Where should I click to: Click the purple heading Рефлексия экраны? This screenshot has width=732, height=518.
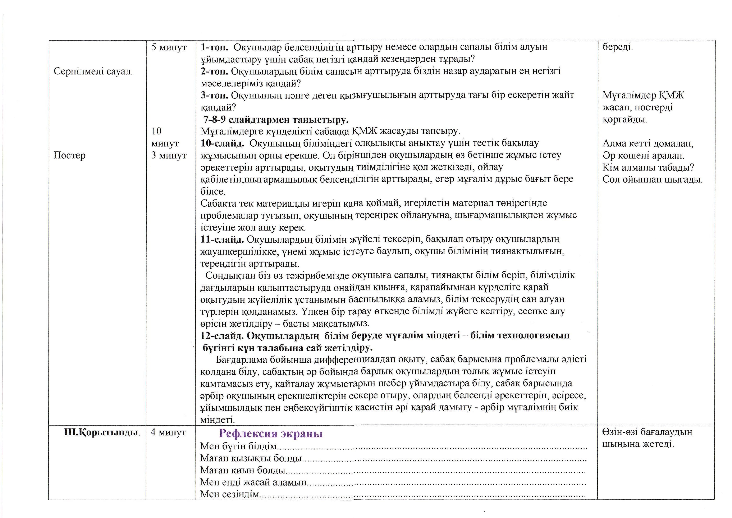point(271,434)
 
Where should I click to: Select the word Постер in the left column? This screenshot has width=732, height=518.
point(69,155)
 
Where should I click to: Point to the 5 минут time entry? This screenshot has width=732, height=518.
point(169,47)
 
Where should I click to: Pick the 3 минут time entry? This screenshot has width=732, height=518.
point(169,155)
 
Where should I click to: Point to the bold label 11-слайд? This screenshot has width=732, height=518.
point(222,239)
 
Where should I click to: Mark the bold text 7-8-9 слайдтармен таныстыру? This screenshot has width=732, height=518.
point(276,120)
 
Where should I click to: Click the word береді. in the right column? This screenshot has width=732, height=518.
point(618,47)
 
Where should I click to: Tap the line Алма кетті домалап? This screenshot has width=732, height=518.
point(648,143)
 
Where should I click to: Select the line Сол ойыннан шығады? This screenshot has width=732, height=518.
point(652,180)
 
